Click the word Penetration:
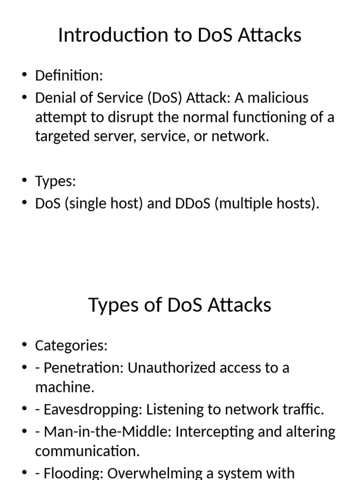coord(83,368)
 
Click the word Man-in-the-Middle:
coord(108,432)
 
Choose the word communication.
coord(87,451)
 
